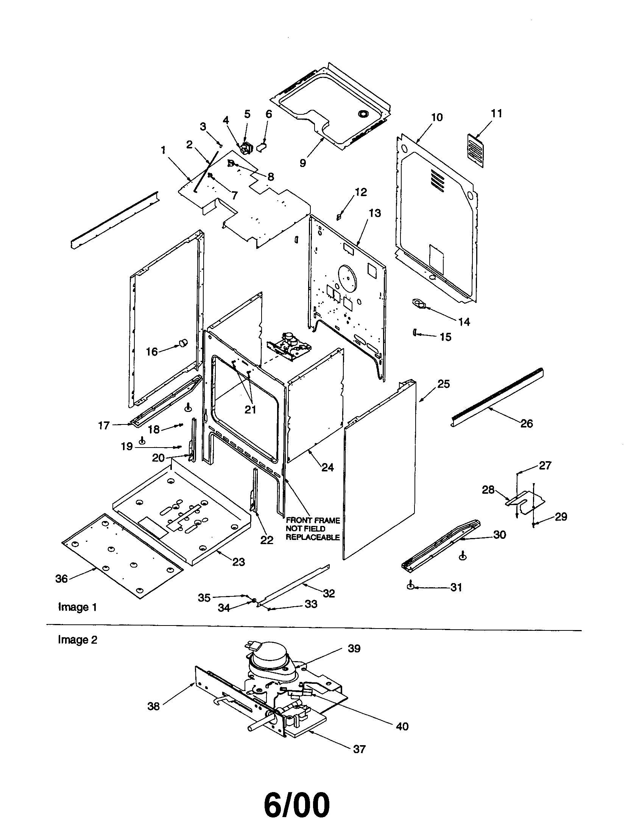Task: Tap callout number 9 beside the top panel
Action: [302, 163]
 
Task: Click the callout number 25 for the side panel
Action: [443, 384]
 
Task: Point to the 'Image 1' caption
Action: [77, 607]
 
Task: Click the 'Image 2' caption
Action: [77, 640]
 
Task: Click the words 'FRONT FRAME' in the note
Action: [313, 520]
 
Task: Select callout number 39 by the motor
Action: [354, 648]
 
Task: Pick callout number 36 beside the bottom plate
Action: [61, 579]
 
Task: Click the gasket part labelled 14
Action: [419, 304]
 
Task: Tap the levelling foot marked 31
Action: [411, 586]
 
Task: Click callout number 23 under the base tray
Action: [238, 562]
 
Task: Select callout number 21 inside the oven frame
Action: [250, 409]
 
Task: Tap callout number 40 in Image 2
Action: [402, 726]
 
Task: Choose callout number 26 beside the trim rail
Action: [527, 423]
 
